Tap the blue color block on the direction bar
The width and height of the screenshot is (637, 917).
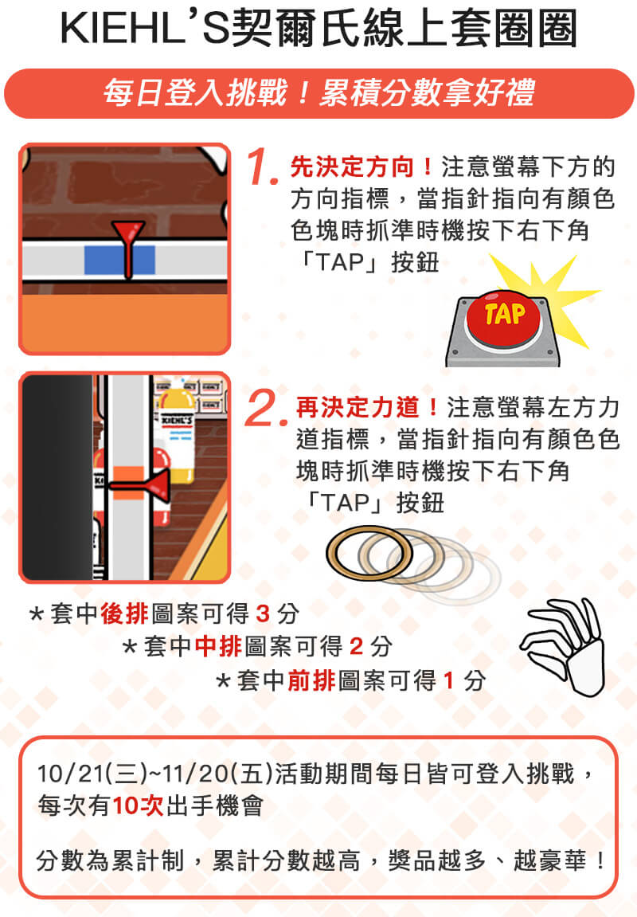(x=119, y=260)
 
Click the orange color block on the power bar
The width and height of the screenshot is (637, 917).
(x=128, y=483)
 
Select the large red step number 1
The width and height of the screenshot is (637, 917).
(x=260, y=167)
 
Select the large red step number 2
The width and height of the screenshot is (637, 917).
(x=268, y=408)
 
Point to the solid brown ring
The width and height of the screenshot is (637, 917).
(x=369, y=553)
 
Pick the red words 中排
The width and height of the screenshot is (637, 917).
(x=218, y=646)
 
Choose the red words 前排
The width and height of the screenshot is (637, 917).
(x=311, y=680)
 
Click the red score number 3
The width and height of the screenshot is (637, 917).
(x=263, y=613)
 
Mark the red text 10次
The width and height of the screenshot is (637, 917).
(x=138, y=806)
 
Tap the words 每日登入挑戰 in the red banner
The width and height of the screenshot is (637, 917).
(x=196, y=93)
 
